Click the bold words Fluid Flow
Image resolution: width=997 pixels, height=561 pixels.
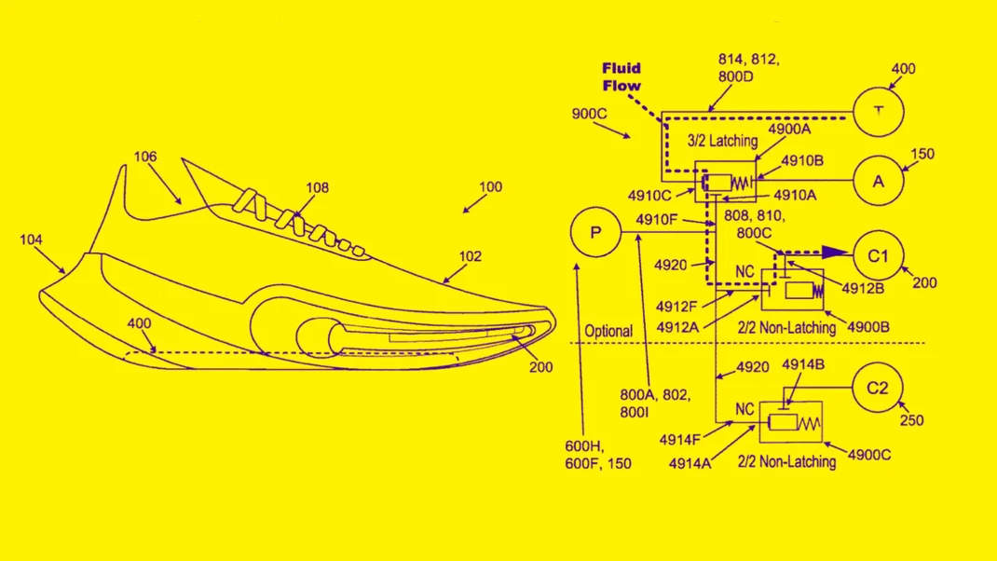tap(621, 77)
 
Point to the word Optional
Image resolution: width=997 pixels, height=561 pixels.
tap(608, 332)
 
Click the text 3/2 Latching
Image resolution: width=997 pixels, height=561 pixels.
tap(722, 141)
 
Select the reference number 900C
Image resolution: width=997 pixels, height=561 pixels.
tap(590, 114)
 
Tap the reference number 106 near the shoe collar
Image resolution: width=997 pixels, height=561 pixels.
tap(145, 157)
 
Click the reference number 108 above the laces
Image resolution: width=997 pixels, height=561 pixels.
tap(318, 187)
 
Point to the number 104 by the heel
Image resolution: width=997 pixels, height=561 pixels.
tap(31, 239)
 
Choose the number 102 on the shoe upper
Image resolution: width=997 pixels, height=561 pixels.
tap(470, 256)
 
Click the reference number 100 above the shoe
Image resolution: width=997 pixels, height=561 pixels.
tap(490, 187)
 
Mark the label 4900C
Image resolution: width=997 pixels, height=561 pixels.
tap(868, 455)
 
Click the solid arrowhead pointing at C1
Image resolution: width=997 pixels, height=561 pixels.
tap(836, 253)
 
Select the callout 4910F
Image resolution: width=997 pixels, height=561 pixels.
tap(657, 220)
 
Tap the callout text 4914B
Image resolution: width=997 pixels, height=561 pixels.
tap(803, 364)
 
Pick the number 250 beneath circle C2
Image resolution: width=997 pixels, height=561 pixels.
tap(911, 420)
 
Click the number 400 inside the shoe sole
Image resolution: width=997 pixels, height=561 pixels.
tap(139, 323)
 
